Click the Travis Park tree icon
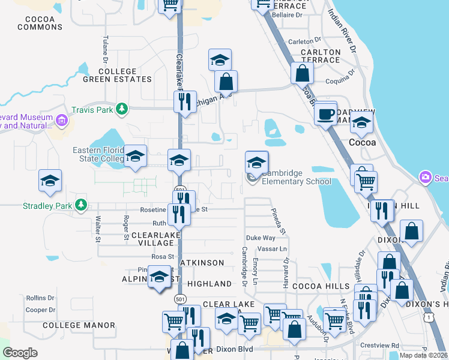click(122, 109)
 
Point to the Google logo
click(20, 353)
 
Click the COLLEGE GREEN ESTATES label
click(117, 75)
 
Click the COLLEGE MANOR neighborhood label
click(79, 325)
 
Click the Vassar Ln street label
click(272, 248)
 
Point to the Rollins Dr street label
click(40, 298)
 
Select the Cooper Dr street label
click(40, 310)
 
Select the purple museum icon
click(61, 122)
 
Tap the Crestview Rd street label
click(379, 346)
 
